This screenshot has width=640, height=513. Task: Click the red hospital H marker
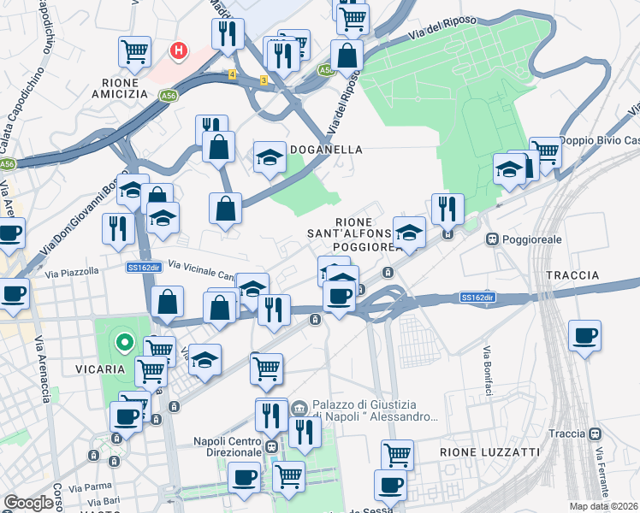[179, 51]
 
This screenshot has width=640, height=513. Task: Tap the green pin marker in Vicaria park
[124, 344]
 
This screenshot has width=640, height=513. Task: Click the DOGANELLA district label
[327, 150]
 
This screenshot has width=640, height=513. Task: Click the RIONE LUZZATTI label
[489, 451]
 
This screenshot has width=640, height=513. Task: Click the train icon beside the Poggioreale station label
[492, 239]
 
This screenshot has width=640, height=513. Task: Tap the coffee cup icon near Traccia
[584, 334]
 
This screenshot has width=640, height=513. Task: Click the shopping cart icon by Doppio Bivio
[544, 152]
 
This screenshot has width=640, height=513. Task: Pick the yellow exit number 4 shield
[232, 74]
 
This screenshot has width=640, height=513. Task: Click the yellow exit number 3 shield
[264, 80]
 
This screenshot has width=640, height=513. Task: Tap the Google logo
[28, 503]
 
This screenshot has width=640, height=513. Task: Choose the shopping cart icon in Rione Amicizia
[134, 51]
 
